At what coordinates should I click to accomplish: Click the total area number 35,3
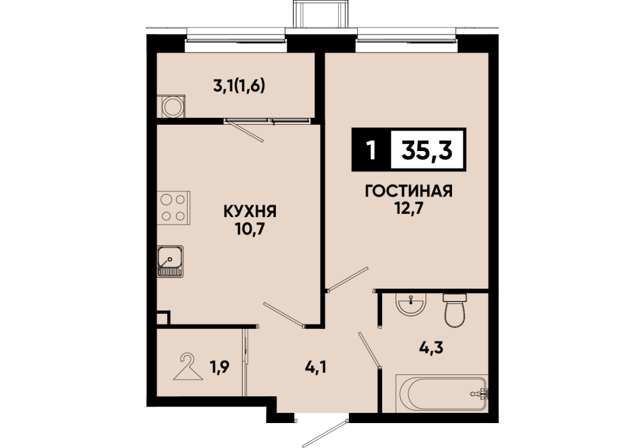coord(427,150)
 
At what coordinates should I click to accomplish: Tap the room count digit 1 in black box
coord(371,150)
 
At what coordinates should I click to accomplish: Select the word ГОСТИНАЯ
coord(408,191)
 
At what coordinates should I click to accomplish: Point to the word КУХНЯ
coord(250,211)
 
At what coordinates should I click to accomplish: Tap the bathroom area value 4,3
coord(431,348)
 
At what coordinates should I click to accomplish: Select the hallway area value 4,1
coord(316,366)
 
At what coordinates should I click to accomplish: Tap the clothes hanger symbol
coord(188,367)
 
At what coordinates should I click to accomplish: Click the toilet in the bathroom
coord(456,310)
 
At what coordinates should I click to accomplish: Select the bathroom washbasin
coord(411,304)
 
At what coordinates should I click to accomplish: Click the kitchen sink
coord(170,262)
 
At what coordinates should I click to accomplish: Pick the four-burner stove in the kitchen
coord(173,207)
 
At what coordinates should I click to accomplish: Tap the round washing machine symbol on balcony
coord(172,107)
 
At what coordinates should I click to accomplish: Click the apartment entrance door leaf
coord(326,433)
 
